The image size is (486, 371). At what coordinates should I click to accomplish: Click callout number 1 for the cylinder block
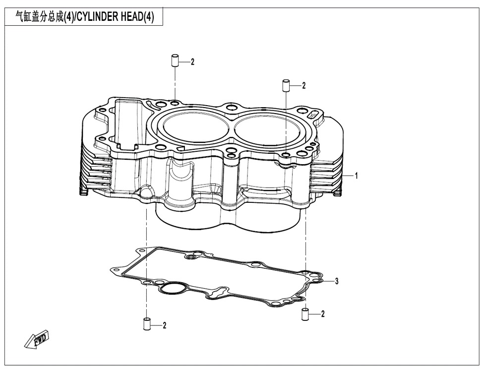coord(357,176)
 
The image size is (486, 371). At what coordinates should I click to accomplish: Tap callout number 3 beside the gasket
coord(337,281)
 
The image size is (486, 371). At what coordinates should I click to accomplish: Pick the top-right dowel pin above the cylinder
coord(286,85)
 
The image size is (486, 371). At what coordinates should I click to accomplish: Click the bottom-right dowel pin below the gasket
coord(305,313)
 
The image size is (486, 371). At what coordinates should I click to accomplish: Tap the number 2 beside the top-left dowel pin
coord(193,62)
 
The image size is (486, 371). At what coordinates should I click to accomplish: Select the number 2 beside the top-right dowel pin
coord(304,85)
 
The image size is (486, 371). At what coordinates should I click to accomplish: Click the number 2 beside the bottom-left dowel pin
coord(165,325)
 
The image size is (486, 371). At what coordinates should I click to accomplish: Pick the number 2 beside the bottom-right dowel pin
coord(323,313)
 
